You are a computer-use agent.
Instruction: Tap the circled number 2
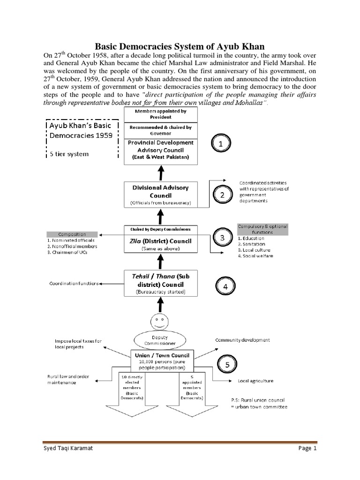pyautogui.click(x=223, y=194)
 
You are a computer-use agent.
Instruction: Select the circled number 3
pyautogui.click(x=223, y=238)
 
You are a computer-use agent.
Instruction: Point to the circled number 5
pyautogui.click(x=228, y=363)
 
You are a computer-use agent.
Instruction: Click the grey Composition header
pyautogui.click(x=72, y=234)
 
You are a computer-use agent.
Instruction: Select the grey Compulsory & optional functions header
pyautogui.click(x=262, y=229)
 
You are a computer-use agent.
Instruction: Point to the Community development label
pyautogui.click(x=242, y=340)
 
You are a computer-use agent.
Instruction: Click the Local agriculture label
pyautogui.click(x=255, y=381)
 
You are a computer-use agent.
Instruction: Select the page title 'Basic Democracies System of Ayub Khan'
pyautogui.click(x=180, y=46)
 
